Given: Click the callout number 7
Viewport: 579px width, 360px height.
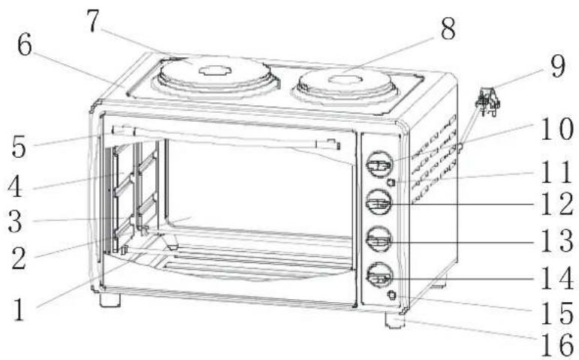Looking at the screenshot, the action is tap(93, 22).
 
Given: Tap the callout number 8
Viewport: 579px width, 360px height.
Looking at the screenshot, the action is tap(448, 29).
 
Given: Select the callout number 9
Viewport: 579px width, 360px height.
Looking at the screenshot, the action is tap(557, 66).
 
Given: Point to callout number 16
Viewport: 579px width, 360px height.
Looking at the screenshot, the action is tap(557, 346).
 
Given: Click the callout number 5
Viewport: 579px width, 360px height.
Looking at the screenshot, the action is tap(19, 147).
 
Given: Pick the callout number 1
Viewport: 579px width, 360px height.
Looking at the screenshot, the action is tap(19, 310).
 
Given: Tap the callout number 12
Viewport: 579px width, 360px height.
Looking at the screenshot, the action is tap(557, 204).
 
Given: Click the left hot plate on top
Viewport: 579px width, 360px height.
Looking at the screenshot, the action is tap(216, 76).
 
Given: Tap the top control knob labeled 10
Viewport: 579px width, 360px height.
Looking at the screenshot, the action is tap(379, 164).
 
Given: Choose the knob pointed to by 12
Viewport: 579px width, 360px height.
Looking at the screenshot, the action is tap(379, 202).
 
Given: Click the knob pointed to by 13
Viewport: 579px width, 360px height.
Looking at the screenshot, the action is tap(379, 239).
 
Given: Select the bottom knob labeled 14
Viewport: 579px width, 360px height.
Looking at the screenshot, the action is tap(379, 275).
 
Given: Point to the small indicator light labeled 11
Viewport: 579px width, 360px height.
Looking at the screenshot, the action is tap(391, 182).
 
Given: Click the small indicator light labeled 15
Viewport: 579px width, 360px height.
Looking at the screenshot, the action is tap(392, 295).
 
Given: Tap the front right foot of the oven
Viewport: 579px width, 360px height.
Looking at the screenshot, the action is tap(395, 319).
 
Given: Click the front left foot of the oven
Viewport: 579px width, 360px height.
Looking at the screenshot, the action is tap(110, 299).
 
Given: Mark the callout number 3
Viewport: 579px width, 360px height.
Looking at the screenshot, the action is tap(15, 222).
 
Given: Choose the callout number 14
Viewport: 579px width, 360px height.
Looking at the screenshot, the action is tap(557, 279).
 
